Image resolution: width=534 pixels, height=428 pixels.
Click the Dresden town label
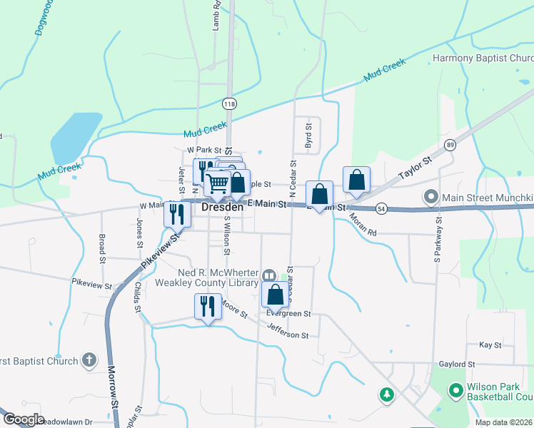pos(223,208)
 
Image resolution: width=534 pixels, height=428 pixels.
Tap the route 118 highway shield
pos(228,104)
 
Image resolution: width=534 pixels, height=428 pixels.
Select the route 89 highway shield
pos(449,145)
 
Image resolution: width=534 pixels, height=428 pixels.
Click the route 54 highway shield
pos(382,208)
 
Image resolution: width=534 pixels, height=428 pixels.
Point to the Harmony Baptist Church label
pos(483,58)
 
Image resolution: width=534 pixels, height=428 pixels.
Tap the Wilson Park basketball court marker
pos(455,391)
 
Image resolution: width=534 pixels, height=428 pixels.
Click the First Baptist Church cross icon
pos(89,360)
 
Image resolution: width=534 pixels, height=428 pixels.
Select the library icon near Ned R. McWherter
pos(269,276)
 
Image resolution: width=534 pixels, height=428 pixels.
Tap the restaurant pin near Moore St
pos(207,306)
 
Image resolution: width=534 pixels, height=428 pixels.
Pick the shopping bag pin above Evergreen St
pos(275,294)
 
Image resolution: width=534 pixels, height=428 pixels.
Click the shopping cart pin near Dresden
pos(217,183)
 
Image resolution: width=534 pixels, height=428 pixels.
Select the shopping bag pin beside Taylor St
pos(356,180)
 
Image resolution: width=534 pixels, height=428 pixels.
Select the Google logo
pos(24,419)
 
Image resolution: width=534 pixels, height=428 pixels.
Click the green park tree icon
pos(386,394)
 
